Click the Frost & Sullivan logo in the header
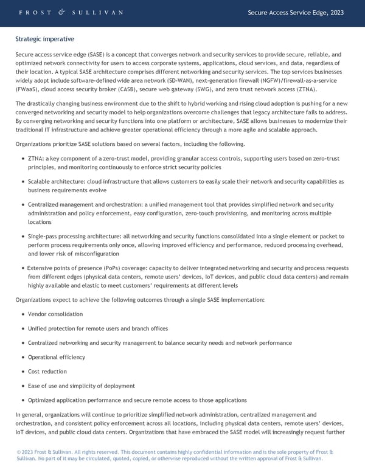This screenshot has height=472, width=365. click(71, 12)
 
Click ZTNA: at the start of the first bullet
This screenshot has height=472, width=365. click(36, 158)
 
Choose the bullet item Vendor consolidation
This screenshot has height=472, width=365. click(55, 314)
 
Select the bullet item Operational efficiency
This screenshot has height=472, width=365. click(57, 357)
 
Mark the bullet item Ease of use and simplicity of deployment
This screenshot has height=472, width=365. click(77, 386)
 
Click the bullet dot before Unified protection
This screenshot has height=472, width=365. click(23, 328)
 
